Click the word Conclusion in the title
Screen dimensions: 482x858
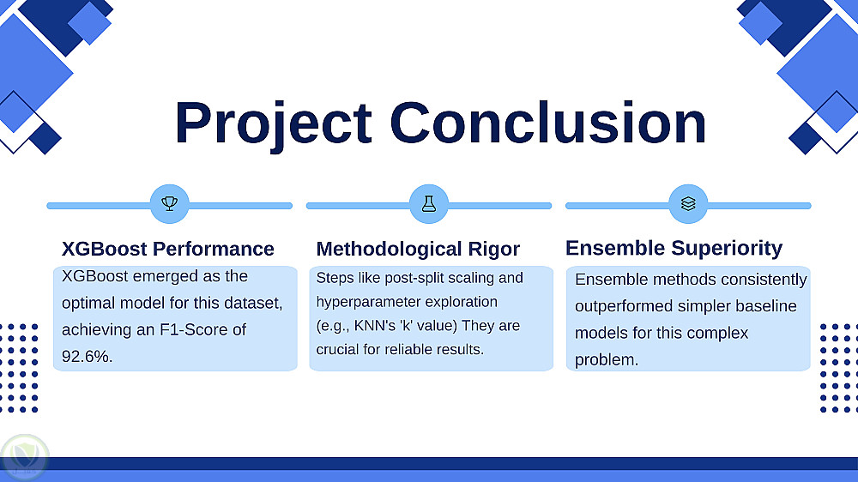pyautogui.click(x=548, y=123)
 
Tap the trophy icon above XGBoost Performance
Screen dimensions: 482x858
pyautogui.click(x=170, y=204)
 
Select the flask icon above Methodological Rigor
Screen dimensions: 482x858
pyautogui.click(x=428, y=204)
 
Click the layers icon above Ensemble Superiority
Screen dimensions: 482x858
pyautogui.click(x=688, y=204)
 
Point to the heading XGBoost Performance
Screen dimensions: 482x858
pyautogui.click(x=168, y=249)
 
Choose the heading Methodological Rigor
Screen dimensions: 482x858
pyautogui.click(x=418, y=249)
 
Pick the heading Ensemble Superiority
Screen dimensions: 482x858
pyautogui.click(x=674, y=248)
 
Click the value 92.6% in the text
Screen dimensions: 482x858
pyautogui.click(x=86, y=356)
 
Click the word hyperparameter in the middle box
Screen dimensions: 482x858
pyautogui.click(x=364, y=302)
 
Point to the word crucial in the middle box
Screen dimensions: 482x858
pyautogui.click(x=340, y=350)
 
